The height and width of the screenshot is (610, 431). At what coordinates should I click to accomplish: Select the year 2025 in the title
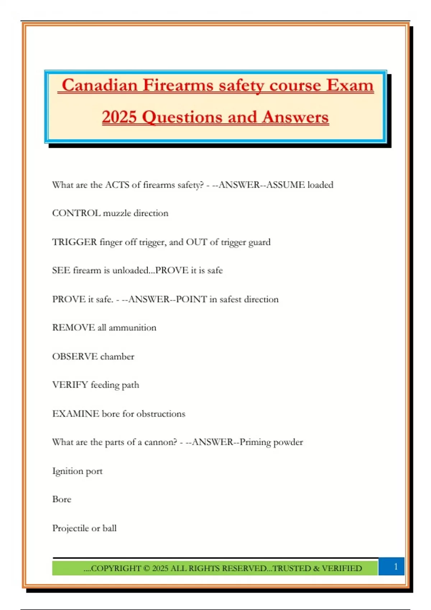point(119,117)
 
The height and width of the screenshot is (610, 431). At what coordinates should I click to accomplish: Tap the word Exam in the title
point(350,85)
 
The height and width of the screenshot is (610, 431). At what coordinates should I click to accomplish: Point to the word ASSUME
point(286,185)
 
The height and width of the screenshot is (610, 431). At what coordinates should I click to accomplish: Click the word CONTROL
point(76,213)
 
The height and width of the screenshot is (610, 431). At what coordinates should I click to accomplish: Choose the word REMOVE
point(74,328)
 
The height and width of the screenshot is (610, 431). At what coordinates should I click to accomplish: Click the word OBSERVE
point(75,356)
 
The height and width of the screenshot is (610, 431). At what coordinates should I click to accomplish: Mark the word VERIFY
point(70,385)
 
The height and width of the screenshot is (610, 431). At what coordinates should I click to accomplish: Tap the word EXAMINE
point(76,414)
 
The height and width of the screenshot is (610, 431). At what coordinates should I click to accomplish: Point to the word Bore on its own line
point(62,499)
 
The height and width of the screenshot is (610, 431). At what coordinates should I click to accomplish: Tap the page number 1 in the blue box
point(396,567)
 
